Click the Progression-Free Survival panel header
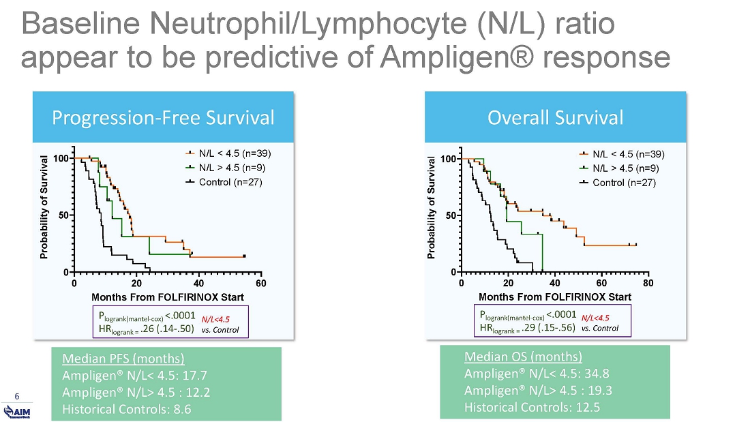[x=164, y=118]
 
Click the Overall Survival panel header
[x=555, y=118]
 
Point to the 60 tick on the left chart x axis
[x=261, y=283]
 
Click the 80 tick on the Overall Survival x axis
[x=648, y=283]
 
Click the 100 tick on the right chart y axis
[x=448, y=159]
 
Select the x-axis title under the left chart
[x=167, y=297]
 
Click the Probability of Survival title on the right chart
[x=431, y=208]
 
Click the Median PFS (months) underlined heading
[x=123, y=359]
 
